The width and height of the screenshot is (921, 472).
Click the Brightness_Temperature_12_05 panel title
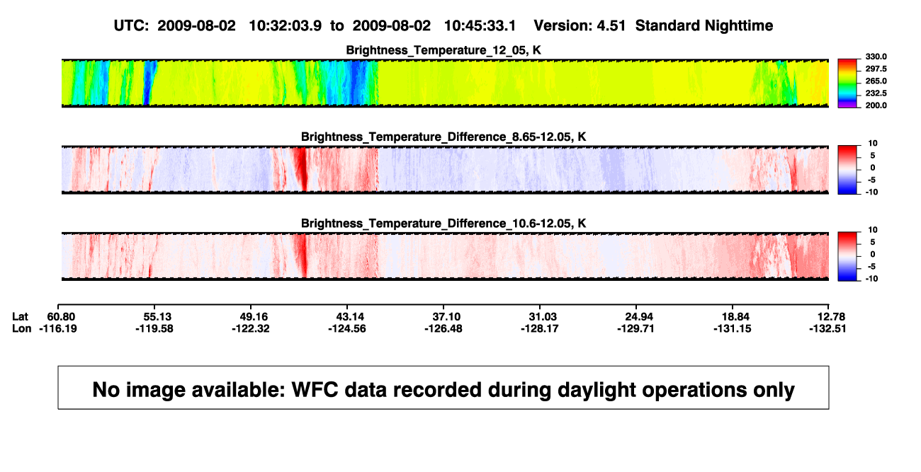(443, 50)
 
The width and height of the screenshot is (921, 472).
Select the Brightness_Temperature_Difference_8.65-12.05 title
(443, 137)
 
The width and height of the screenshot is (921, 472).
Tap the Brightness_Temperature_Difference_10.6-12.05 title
(443, 224)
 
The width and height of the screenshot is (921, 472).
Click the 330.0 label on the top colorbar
(876, 57)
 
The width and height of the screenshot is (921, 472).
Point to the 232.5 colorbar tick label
(876, 93)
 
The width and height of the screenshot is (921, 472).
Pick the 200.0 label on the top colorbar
(876, 105)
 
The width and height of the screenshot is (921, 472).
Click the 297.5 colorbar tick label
(876, 69)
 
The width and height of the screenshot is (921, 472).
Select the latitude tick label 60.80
(61, 317)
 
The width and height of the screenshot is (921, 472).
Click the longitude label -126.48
(443, 329)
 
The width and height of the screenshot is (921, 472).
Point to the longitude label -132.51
(827, 329)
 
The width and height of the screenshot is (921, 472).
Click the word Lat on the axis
(20, 317)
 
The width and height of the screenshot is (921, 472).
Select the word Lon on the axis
(21, 329)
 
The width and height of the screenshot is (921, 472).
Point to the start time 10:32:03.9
(286, 26)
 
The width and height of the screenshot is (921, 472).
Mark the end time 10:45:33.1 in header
(480, 26)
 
